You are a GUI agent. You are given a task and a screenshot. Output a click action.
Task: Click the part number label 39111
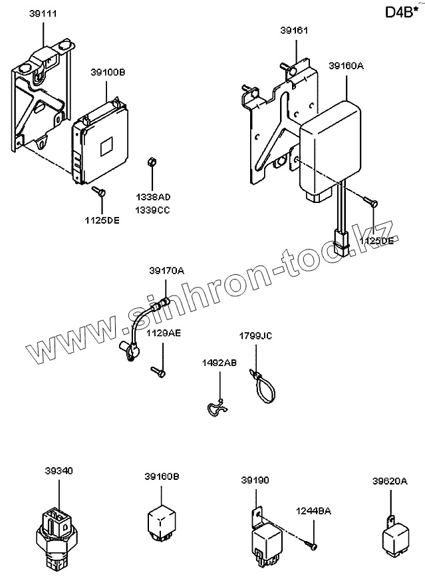click(42, 13)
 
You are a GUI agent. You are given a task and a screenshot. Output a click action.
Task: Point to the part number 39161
click(294, 31)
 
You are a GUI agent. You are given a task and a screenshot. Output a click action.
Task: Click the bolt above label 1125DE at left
click(99, 192)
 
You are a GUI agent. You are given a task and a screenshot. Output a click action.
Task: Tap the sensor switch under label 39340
click(59, 532)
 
